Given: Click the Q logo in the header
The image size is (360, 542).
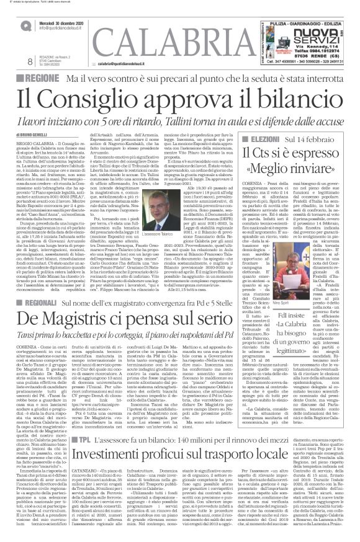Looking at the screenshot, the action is [x=23, y=24].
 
